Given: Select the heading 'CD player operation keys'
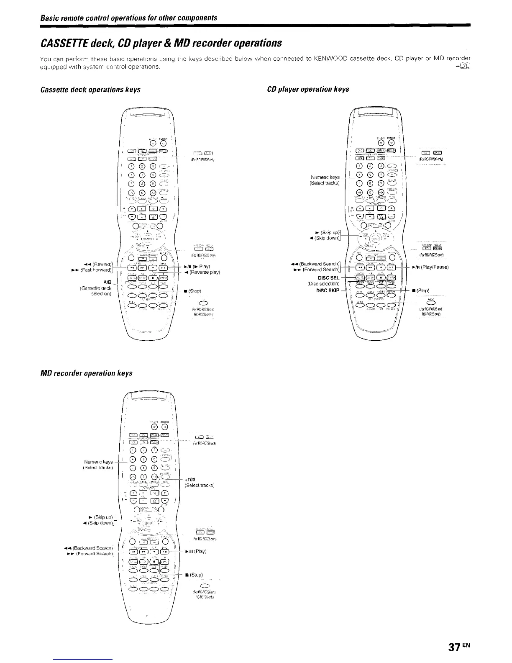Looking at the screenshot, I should point(308,89).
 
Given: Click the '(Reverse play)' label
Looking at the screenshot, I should point(205,272).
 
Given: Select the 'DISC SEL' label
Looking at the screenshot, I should point(329,277).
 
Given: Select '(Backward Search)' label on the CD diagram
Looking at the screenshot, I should point(320,265).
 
